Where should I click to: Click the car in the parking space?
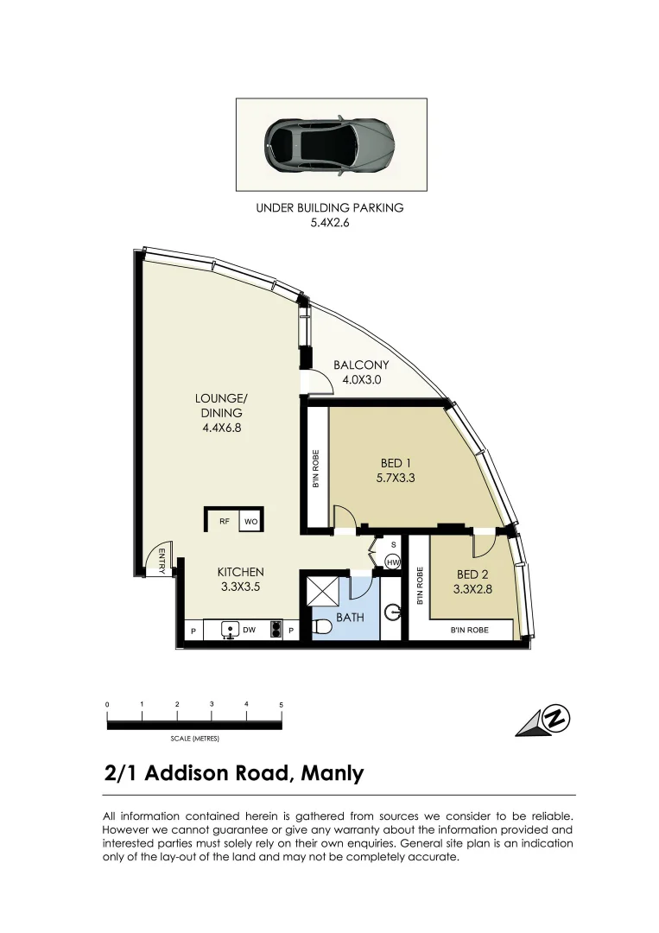pos(330,144)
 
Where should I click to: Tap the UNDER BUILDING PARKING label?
pos(329,207)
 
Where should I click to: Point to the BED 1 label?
pos(396,464)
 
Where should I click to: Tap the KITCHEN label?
pos(240,572)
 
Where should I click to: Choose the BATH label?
pos(350,618)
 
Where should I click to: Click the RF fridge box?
pos(224,521)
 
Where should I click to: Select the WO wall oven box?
pos(250,521)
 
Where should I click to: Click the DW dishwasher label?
pos(248,630)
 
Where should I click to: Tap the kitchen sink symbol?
pos(229,630)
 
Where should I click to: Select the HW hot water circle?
pos(392,562)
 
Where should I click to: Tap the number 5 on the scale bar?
pos(281,705)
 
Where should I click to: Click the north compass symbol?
pos(546,720)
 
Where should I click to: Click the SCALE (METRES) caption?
pos(194,739)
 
